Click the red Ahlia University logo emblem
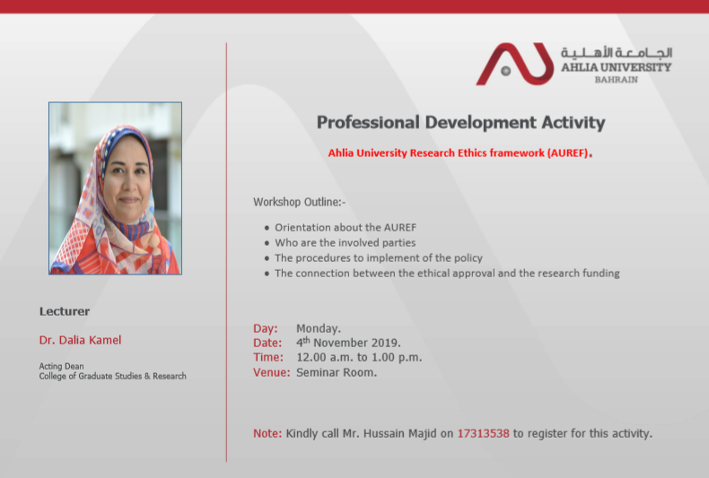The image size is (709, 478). click(x=515, y=64)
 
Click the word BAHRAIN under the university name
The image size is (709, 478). click(x=617, y=80)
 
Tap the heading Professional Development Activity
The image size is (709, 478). click(x=460, y=123)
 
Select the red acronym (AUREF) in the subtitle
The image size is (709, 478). click(x=567, y=153)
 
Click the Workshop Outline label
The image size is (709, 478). click(x=300, y=202)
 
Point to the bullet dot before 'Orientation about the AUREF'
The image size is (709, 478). click(x=267, y=228)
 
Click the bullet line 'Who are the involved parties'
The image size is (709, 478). click(x=345, y=243)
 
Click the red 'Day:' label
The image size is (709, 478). click(x=266, y=328)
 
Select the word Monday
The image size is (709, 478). click(x=318, y=328)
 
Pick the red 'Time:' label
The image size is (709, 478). click(x=268, y=357)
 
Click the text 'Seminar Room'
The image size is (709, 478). click(x=335, y=373)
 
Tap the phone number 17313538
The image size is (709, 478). click(x=484, y=434)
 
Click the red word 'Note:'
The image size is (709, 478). click(x=267, y=434)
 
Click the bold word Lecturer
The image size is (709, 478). click(x=65, y=311)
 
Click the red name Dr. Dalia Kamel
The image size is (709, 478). click(x=80, y=340)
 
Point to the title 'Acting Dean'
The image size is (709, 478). click(x=62, y=366)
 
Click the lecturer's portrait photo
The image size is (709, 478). click(x=115, y=188)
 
